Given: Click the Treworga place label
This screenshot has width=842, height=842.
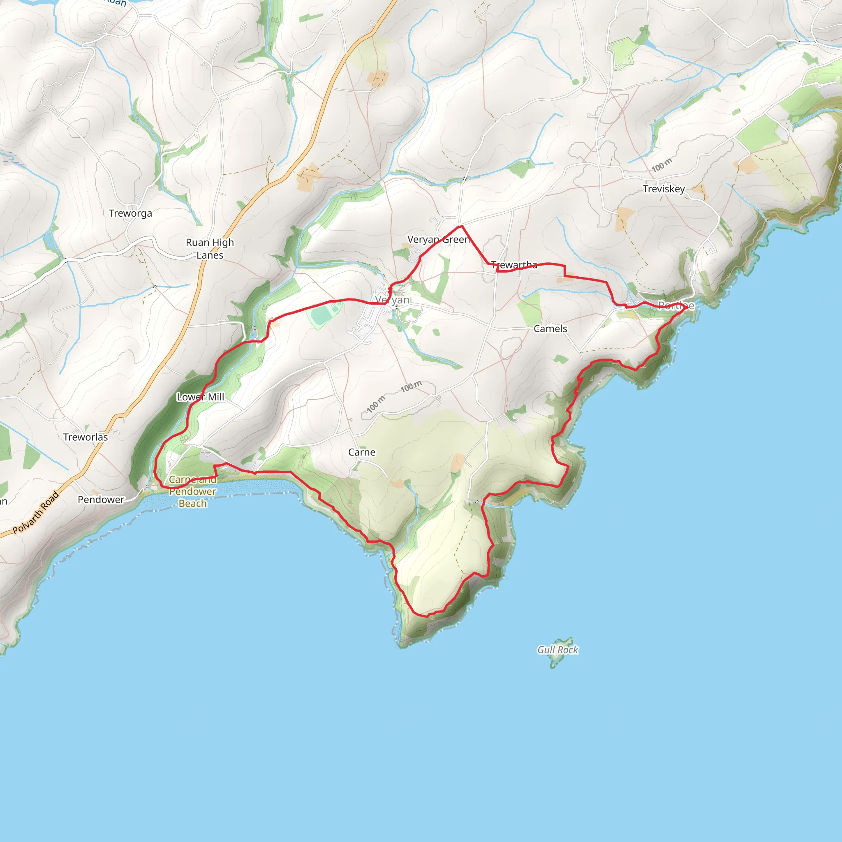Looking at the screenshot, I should (130, 213).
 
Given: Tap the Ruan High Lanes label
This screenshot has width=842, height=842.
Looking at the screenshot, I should (210, 248).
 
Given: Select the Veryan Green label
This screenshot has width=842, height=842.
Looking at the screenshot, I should (438, 239).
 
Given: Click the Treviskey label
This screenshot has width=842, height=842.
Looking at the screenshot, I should (663, 189).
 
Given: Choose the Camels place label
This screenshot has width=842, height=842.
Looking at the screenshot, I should (550, 328).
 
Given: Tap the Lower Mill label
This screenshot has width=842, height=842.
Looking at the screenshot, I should (201, 397).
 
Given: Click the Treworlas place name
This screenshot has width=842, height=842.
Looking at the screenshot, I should (86, 437).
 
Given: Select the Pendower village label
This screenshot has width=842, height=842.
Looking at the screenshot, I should (101, 500).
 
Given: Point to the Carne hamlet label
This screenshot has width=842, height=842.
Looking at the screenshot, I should (361, 452).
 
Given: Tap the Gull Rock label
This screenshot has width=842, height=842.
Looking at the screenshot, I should (557, 650).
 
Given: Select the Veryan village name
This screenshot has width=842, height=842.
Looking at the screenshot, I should (392, 299).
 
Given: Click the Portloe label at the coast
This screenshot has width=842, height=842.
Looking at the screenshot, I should (676, 305).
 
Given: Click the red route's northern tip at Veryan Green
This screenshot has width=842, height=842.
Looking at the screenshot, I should (461, 226).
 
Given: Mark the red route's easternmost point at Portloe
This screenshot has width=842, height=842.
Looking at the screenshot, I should (687, 307).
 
